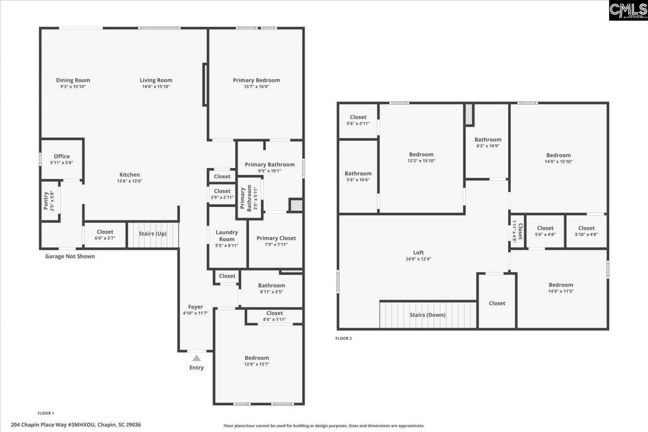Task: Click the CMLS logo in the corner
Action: pyautogui.click(x=628, y=10)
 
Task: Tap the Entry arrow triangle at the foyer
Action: pyautogui.click(x=196, y=358)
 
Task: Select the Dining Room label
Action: pyautogui.click(x=73, y=80)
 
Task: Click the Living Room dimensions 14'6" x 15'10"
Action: pyautogui.click(x=156, y=87)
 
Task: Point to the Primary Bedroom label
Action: pyautogui.click(x=256, y=80)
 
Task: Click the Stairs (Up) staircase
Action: pyautogui.click(x=153, y=235)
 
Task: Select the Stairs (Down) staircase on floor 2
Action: pyautogui.click(x=428, y=315)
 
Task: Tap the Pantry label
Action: pyautogui.click(x=46, y=201)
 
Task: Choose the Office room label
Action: pyautogui.click(x=62, y=156)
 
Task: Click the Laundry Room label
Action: pyautogui.click(x=227, y=236)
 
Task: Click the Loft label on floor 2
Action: pyautogui.click(x=418, y=252)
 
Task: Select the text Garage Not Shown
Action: pyautogui.click(x=70, y=256)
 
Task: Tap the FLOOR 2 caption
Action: pyautogui.click(x=343, y=338)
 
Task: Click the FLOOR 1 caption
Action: pyautogui.click(x=46, y=413)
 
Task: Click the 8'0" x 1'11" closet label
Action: pyautogui.click(x=274, y=319)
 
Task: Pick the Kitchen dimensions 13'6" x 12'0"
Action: pyautogui.click(x=130, y=181)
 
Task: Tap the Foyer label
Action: pyautogui.click(x=195, y=307)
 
